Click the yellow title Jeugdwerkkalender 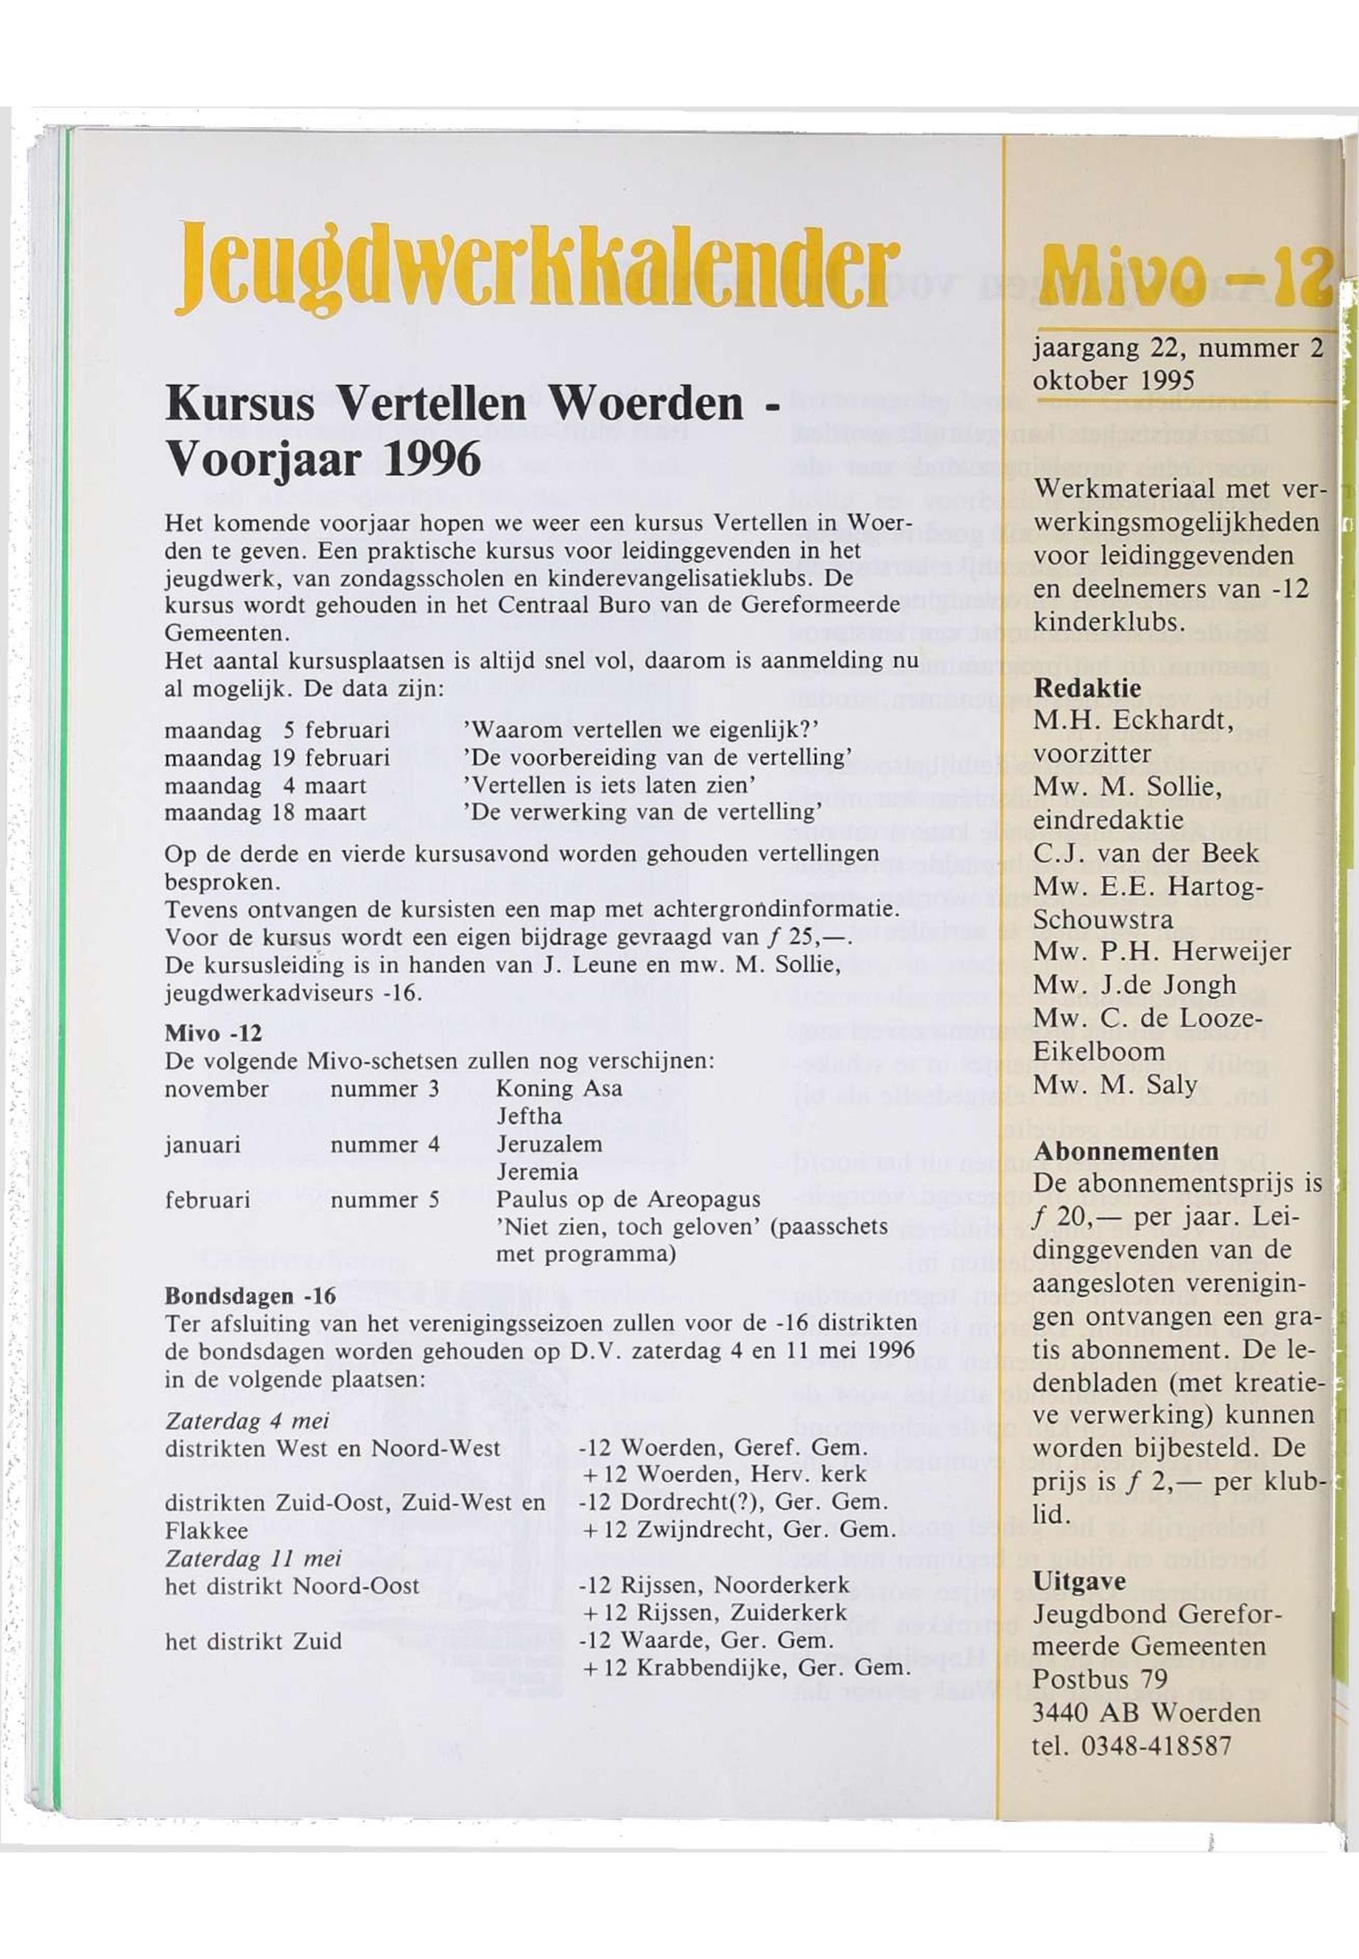pos(536,267)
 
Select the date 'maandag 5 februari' pos(277,731)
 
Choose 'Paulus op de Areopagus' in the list pos(628,1200)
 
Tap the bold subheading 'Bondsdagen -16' pos(250,1297)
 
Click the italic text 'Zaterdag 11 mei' pos(253,1559)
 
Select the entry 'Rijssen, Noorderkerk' pos(735,1586)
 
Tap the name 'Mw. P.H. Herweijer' pos(1162,951)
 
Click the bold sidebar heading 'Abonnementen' pos(1126,1151)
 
